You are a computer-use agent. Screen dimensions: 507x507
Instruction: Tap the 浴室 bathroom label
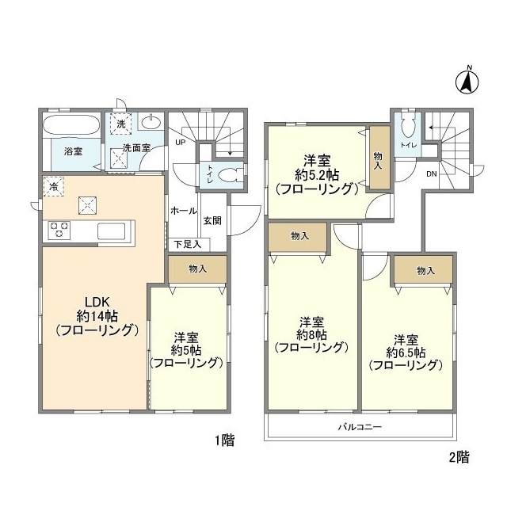(x=63, y=151)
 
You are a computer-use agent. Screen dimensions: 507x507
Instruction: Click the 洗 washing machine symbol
(x=120, y=124)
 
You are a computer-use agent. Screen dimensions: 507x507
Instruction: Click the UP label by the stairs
(x=180, y=143)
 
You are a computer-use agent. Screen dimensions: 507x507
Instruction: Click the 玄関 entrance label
(x=212, y=221)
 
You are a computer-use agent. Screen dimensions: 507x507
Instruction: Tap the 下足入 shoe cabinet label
(x=188, y=244)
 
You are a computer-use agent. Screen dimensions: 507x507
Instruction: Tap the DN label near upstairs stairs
(x=432, y=173)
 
